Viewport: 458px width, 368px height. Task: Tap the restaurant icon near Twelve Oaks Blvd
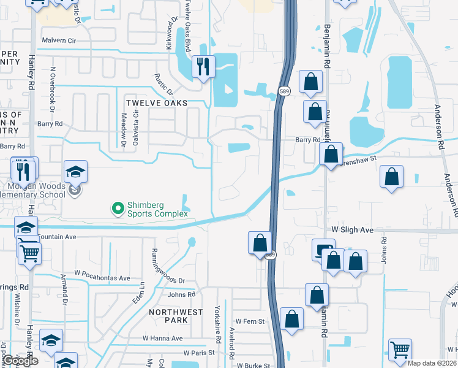[203, 66]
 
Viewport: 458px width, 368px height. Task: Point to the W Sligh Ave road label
[352, 229]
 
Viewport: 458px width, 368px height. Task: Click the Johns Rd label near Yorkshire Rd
[181, 295]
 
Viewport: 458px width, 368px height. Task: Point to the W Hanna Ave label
[162, 338]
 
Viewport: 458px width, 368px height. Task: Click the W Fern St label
[250, 321]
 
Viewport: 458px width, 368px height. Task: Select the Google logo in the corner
[21, 361]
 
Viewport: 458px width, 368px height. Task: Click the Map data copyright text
[434, 361]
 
